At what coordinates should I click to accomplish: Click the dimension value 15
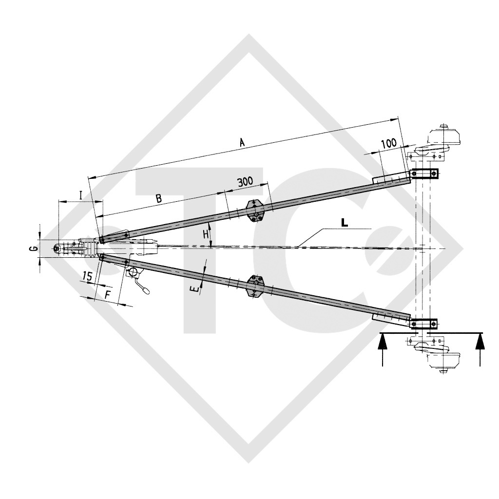(87, 276)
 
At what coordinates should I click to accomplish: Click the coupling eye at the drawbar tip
(58, 249)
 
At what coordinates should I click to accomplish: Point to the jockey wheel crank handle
(145, 291)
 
